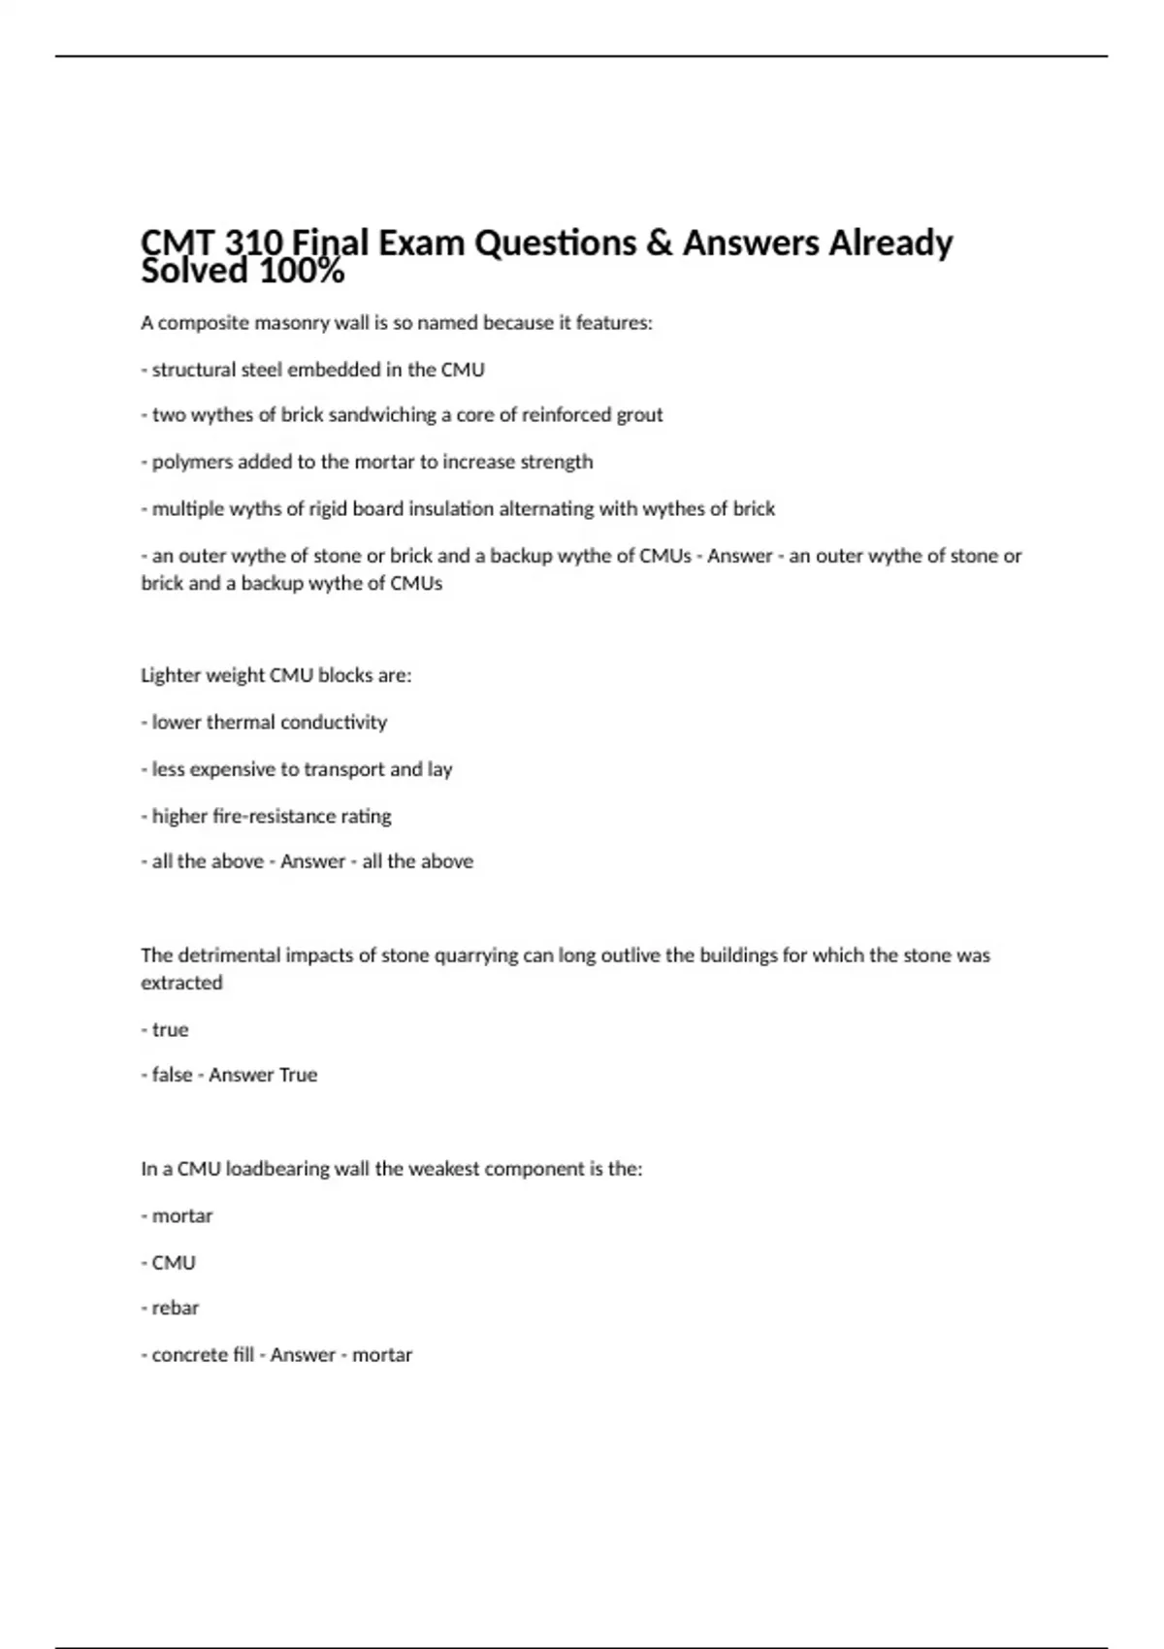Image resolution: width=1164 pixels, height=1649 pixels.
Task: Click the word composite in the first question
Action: tap(203, 323)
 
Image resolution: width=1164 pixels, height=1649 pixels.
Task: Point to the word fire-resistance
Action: tap(251, 816)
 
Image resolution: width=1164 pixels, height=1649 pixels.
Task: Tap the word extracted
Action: tap(181, 983)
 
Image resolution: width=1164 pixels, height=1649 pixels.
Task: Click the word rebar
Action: tap(176, 1309)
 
